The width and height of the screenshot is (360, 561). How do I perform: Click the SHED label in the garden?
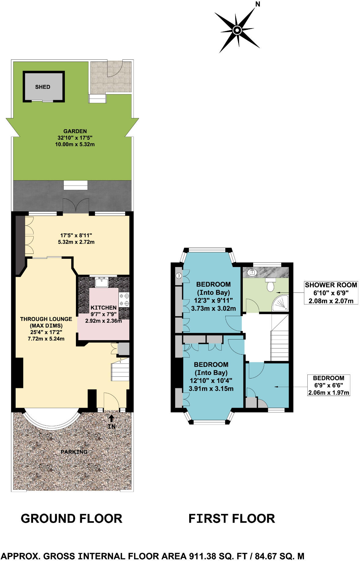43,87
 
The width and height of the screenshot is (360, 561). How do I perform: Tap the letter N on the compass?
258,4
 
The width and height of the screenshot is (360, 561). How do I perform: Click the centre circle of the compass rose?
237,30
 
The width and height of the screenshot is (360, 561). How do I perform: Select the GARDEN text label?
75,131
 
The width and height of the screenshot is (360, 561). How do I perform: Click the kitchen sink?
101,282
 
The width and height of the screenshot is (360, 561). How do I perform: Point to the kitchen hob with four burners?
124,300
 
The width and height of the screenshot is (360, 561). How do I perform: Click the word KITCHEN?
103,307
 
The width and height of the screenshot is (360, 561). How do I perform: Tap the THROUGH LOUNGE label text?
46,319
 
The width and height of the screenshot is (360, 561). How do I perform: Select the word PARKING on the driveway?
74,452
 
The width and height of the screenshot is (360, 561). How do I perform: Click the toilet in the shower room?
270,286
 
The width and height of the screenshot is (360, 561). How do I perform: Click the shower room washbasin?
252,272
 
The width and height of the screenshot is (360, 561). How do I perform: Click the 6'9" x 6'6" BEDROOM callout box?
328,385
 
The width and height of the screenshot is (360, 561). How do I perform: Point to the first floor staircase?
280,338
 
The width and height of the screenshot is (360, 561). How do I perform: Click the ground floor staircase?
120,371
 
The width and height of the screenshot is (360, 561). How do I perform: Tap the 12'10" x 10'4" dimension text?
211,381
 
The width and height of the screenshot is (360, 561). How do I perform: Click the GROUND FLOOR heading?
72,518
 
